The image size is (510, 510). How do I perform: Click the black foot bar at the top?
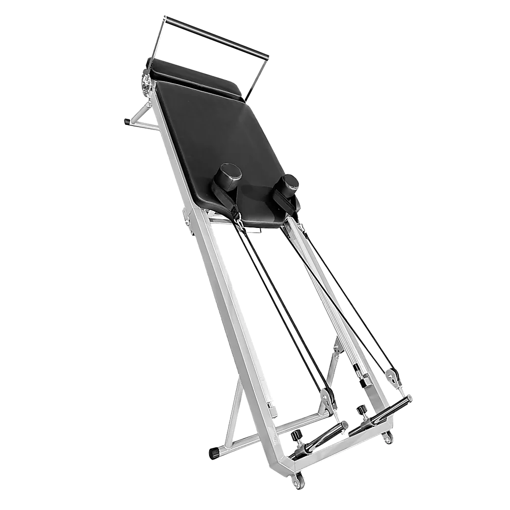coord(217,37)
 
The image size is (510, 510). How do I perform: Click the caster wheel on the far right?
coord(388,437)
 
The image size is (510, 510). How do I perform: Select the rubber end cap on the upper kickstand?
coord(126,123)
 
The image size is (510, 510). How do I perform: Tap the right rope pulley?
coord(393,377)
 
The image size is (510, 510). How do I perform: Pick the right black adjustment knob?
coord(362,410)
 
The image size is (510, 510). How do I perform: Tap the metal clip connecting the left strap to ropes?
coord(237,218)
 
